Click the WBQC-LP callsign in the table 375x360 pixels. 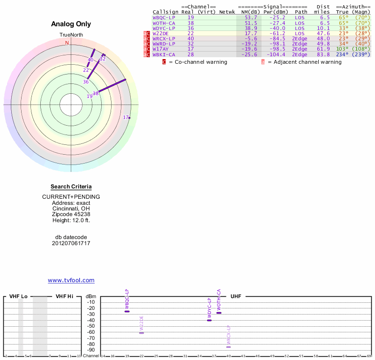pos(164,17)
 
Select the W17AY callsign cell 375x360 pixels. pos(161,49)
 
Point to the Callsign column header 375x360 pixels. pos(164,12)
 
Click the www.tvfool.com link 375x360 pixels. pos(71,280)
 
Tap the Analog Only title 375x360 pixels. pos(71,24)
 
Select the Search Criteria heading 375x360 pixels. pos(71,187)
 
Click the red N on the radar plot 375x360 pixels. pos(67,43)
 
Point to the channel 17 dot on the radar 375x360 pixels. pos(129,117)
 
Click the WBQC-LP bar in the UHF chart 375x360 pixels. pos(127,311)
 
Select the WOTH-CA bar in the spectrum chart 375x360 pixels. pos(219,313)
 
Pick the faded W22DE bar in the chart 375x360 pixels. pos(142,332)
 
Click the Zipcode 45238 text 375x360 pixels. pos(71,214)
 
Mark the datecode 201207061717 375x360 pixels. pos(71,243)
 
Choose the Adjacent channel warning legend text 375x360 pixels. pos(305,62)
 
